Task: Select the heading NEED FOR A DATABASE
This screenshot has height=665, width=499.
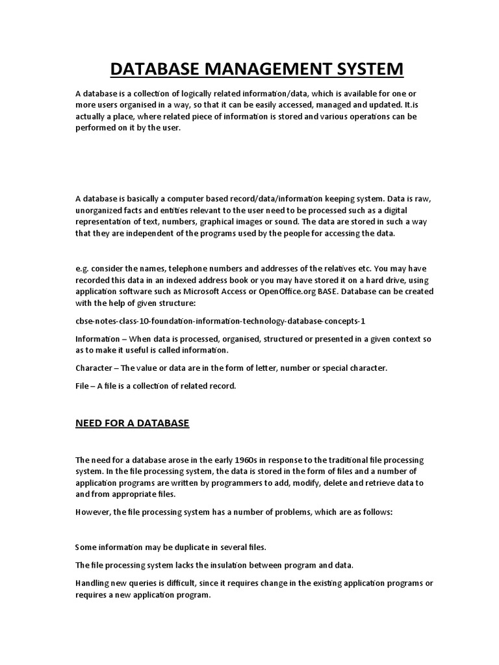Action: pyautogui.click(x=132, y=423)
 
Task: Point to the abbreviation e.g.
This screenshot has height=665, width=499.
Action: pyautogui.click(x=83, y=268)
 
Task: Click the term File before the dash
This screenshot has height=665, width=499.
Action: pyautogui.click(x=83, y=386)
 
